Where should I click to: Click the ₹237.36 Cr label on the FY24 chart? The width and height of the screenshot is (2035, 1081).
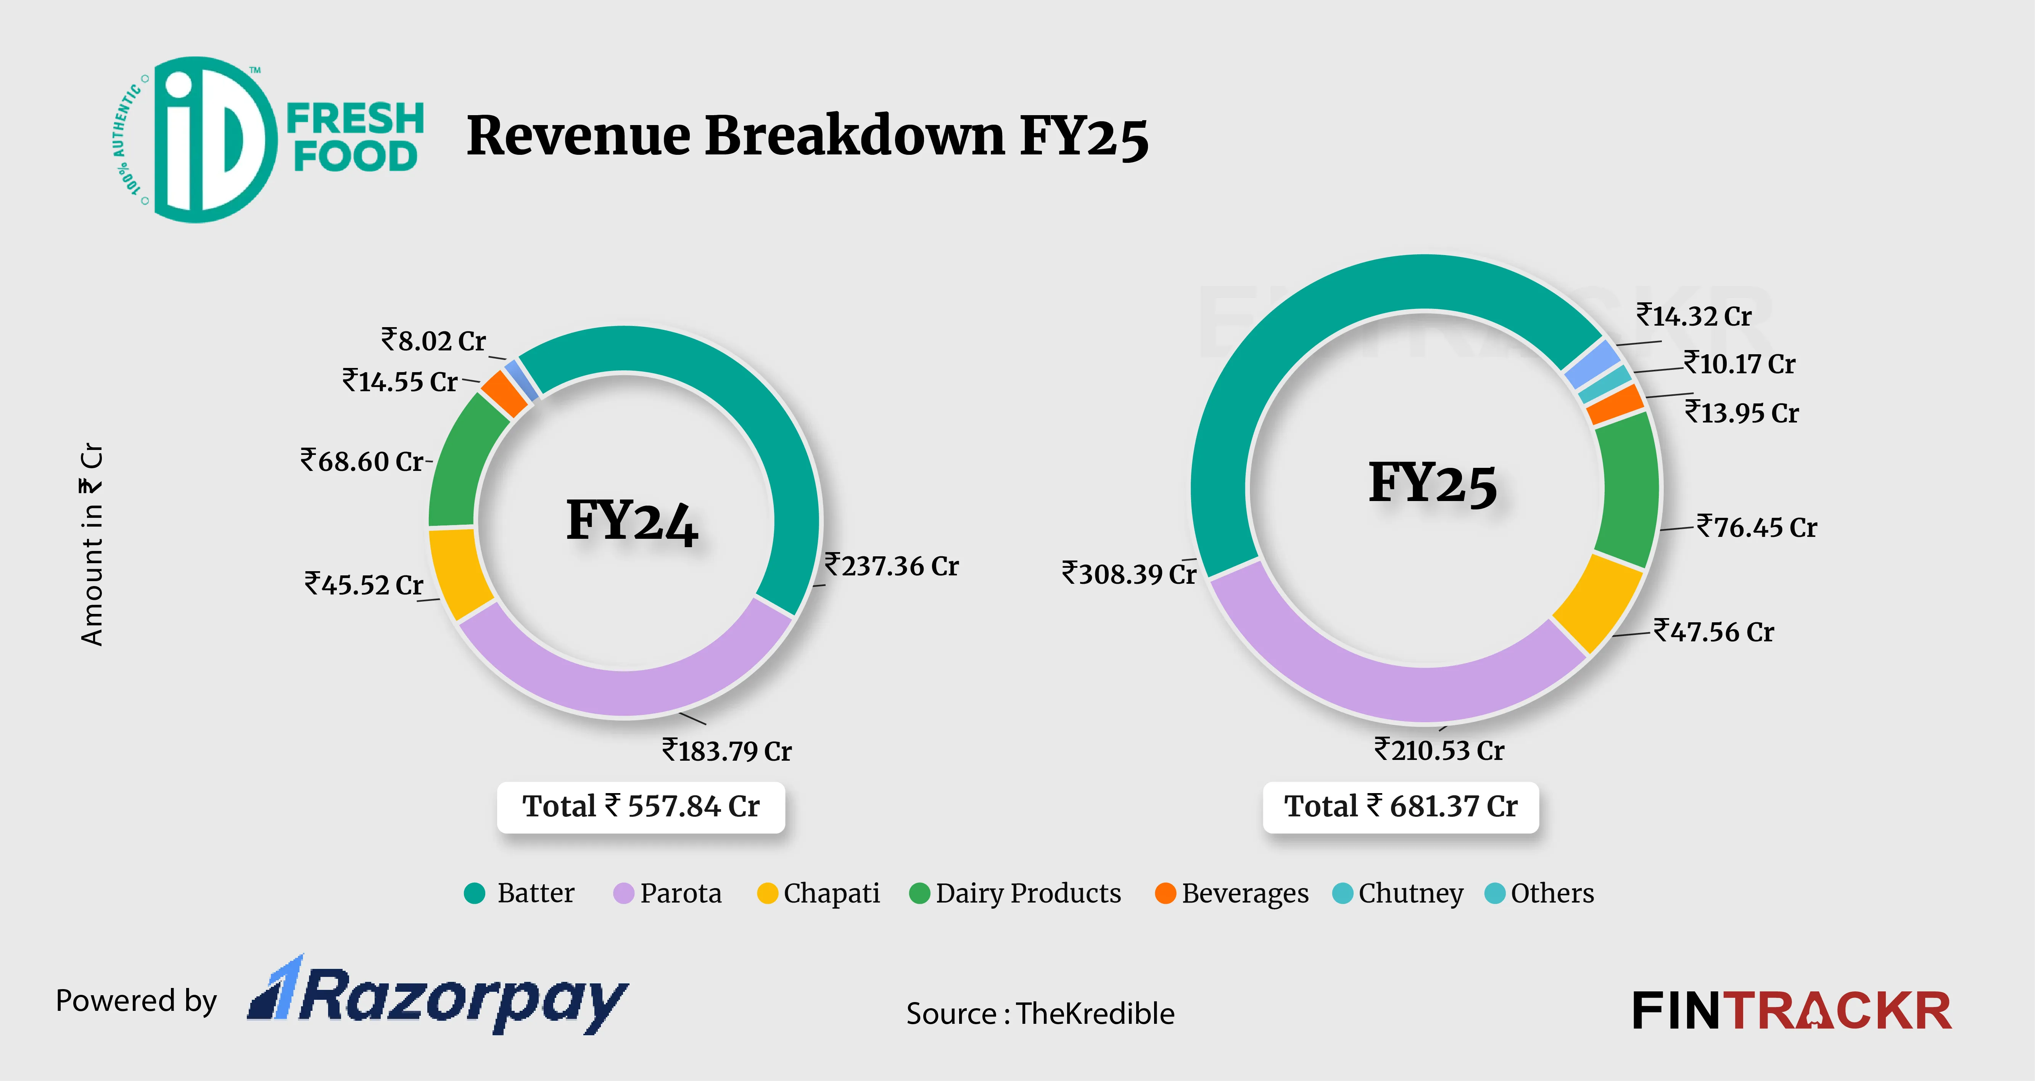(891, 566)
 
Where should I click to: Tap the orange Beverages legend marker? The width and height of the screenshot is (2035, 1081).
(1164, 893)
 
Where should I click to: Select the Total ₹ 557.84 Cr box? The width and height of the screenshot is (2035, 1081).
(641, 806)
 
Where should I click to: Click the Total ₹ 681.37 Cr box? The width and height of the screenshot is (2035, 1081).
(1401, 806)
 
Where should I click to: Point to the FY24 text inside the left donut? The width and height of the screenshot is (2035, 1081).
(632, 521)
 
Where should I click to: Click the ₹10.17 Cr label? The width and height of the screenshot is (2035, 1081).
(1740, 364)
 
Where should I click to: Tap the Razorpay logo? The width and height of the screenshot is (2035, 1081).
(438, 996)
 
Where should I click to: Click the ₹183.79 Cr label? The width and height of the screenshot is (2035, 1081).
(727, 750)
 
